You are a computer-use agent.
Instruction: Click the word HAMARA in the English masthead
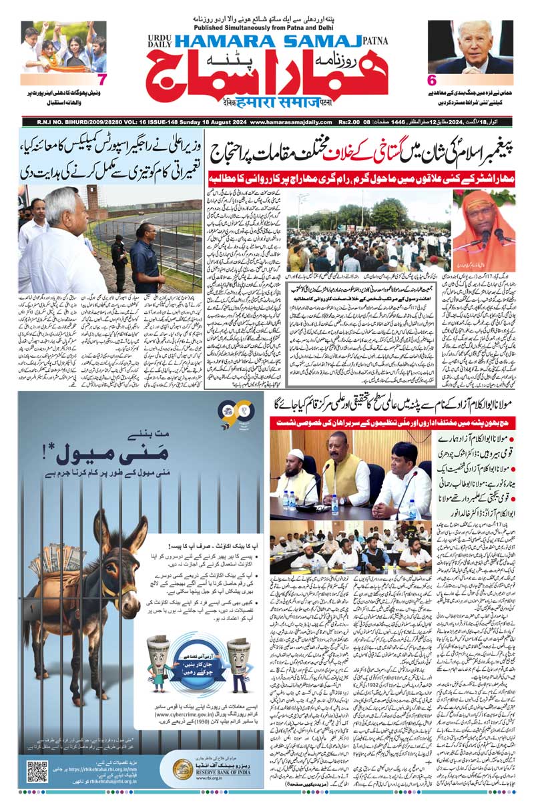(x=218, y=41)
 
